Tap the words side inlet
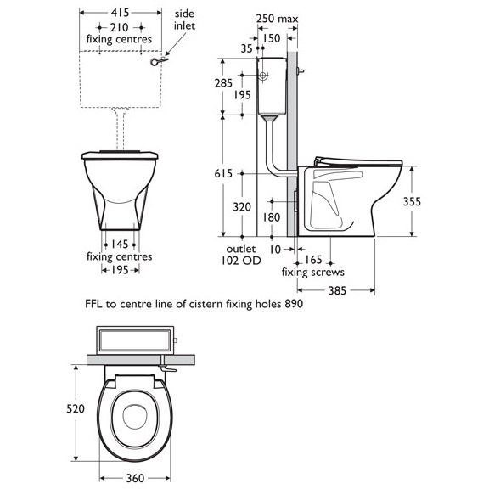[184, 20]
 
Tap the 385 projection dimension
[339, 290]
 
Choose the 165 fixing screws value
[313, 260]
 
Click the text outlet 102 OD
[240, 255]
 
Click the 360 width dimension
[134, 478]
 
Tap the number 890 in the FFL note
[294, 302]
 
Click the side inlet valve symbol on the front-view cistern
[156, 60]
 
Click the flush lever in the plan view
[166, 370]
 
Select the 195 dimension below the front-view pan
[119, 269]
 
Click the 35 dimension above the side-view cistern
[246, 48]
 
